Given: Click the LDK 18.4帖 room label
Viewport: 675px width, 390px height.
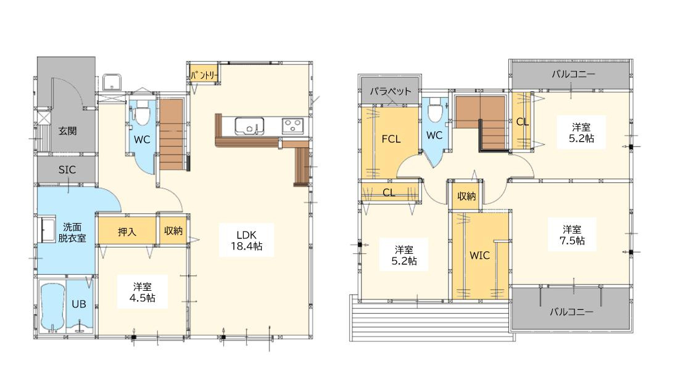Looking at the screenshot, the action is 246,240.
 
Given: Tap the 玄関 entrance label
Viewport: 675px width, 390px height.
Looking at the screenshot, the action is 67,131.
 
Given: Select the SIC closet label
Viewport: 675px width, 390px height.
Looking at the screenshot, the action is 67,170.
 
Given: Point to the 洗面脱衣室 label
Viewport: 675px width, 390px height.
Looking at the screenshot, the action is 72,232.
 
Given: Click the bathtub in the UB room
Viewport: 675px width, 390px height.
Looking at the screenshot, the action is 52,306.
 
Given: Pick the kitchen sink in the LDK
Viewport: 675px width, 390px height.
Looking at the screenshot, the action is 249,126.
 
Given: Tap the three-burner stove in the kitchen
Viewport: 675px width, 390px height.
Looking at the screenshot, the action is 292,126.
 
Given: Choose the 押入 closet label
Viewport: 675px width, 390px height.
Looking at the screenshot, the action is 127,232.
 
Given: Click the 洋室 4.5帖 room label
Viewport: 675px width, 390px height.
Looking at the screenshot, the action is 142,292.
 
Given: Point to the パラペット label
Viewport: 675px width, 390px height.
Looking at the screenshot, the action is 391,91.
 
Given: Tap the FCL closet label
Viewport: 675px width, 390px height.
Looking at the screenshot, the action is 391,139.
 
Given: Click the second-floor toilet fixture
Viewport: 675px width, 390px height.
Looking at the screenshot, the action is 435,110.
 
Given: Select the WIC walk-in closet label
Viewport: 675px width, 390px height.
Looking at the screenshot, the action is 479,256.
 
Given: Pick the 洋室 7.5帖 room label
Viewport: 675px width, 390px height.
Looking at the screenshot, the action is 572,235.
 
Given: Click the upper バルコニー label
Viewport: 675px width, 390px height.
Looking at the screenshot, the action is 573,74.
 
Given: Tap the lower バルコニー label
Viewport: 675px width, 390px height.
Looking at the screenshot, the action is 571,311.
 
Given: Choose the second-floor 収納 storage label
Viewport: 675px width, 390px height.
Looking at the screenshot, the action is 466,196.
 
